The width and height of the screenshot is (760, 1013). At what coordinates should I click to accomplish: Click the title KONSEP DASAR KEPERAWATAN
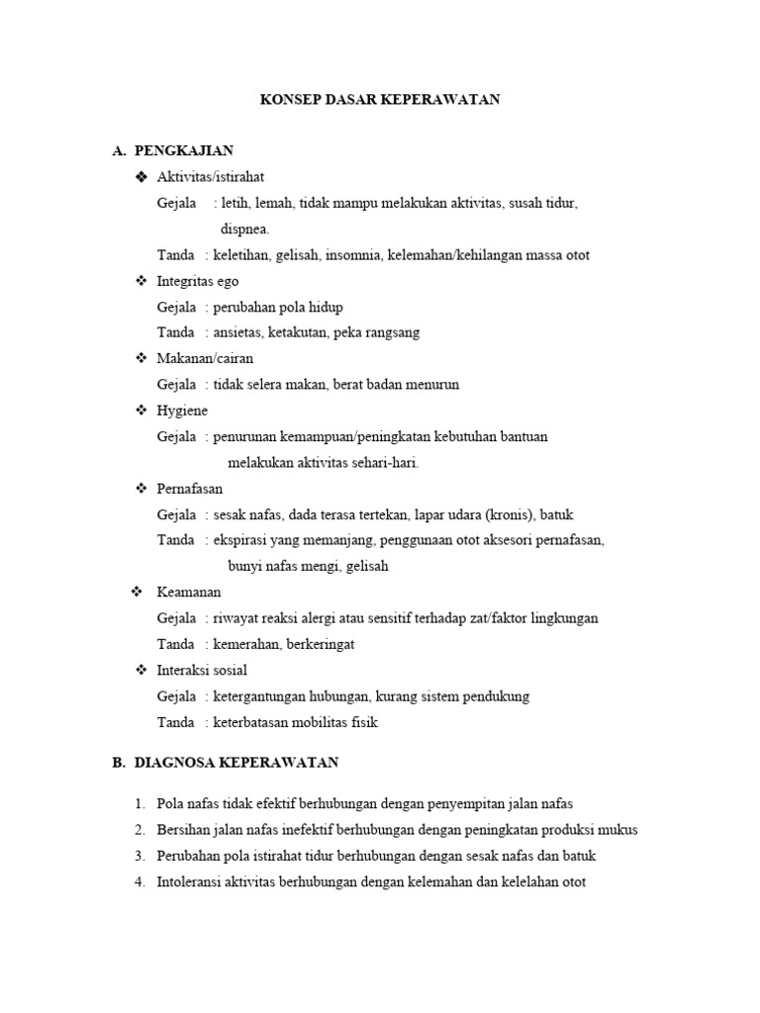pos(380,100)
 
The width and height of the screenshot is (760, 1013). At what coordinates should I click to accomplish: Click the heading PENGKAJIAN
pos(183,151)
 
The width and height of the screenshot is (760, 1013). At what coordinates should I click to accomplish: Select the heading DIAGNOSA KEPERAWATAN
pos(236,763)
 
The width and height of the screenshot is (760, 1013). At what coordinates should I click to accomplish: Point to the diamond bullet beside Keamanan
pos(137,593)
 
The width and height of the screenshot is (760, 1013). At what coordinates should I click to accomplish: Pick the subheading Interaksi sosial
pos(202,671)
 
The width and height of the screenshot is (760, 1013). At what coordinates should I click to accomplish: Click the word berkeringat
pos(320,644)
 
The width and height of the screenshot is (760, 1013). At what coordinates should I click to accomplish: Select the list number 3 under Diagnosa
pos(140,856)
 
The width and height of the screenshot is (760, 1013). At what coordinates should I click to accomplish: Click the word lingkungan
pos(565,618)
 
